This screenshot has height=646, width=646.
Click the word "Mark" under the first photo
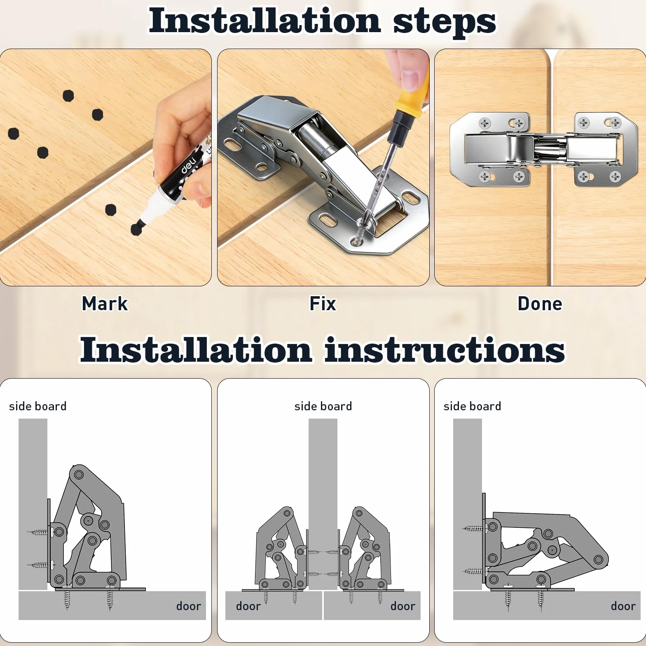pos(105,304)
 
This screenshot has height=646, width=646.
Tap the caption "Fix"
pos(323,304)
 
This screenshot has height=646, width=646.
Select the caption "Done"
pos(540,304)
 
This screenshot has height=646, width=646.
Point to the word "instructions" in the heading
pos(445,350)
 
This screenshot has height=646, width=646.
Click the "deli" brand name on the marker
pos(189,165)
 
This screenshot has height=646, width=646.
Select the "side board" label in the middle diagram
pos(323,406)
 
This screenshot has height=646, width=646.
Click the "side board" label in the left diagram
pos(37,406)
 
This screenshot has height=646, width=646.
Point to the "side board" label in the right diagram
pos(472,406)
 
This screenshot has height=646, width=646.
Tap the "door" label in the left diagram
pos(188,606)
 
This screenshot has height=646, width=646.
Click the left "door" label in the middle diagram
pos(248,606)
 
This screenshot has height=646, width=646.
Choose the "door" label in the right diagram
pos(623,606)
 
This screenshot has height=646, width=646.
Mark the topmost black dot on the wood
pos(68,96)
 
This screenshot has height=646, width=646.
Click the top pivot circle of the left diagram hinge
pos(79,475)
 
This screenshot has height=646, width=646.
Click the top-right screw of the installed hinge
pos(615,123)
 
